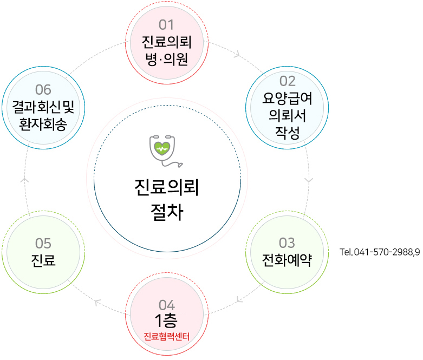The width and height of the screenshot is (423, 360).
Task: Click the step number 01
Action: pos(166,25)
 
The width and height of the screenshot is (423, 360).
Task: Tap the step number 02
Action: pos(287,81)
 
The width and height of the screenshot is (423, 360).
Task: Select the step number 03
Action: pos(287,241)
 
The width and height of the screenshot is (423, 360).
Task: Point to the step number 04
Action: pos(166,305)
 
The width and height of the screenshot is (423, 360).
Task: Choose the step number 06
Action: pos(43,89)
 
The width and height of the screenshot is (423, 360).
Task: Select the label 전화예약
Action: pos(287,257)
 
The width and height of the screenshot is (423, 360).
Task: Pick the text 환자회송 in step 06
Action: pos(43,123)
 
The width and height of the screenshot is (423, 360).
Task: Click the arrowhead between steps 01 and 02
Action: pos(237,54)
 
